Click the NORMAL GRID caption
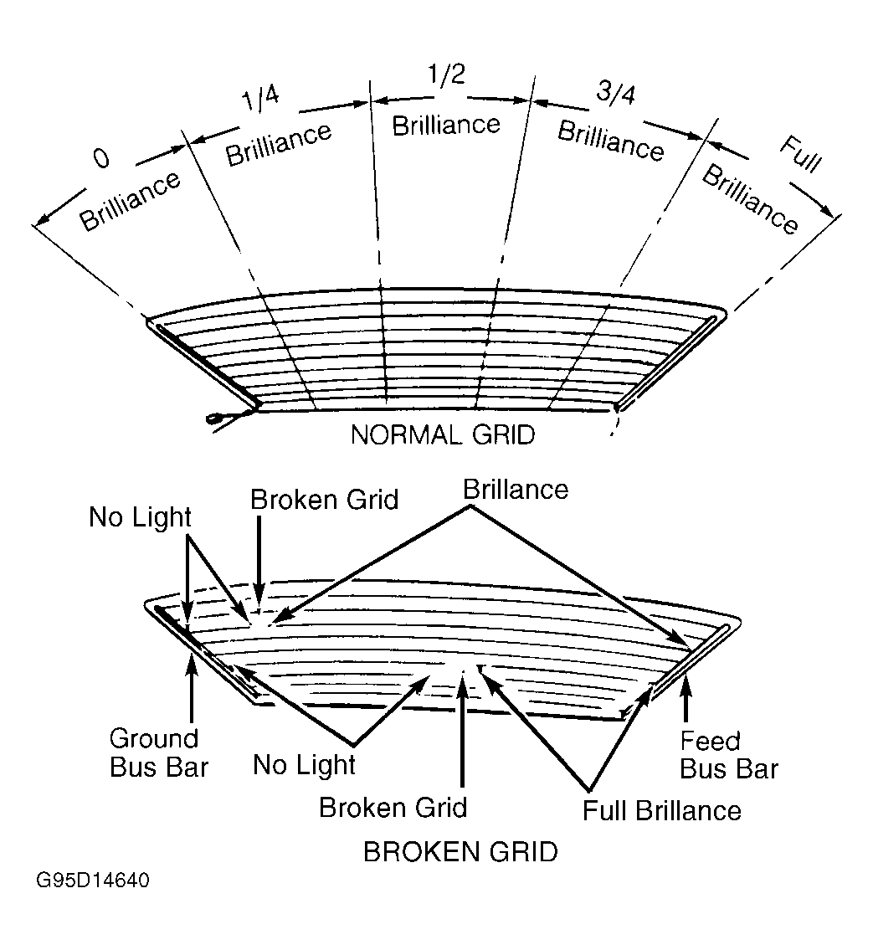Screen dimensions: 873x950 click(443, 434)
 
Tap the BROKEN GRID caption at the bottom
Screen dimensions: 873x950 click(460, 851)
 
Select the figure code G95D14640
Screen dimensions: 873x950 click(93, 880)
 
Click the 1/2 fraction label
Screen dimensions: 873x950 click(446, 74)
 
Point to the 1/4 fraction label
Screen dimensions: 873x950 click(261, 98)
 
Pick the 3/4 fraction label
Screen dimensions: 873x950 click(616, 92)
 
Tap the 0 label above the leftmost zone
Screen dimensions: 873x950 click(102, 158)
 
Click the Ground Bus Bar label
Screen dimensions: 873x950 click(159, 753)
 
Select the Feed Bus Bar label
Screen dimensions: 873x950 click(728, 755)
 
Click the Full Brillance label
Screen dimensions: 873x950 click(661, 810)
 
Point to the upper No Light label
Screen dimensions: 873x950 click(140, 517)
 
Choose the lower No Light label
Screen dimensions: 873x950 click(304, 765)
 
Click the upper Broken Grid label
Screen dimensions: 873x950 click(324, 500)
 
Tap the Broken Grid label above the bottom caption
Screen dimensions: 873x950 click(393, 807)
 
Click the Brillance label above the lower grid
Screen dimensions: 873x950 click(516, 490)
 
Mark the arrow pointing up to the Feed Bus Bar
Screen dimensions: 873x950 click(686, 699)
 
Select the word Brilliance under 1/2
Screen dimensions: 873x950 click(446, 126)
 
